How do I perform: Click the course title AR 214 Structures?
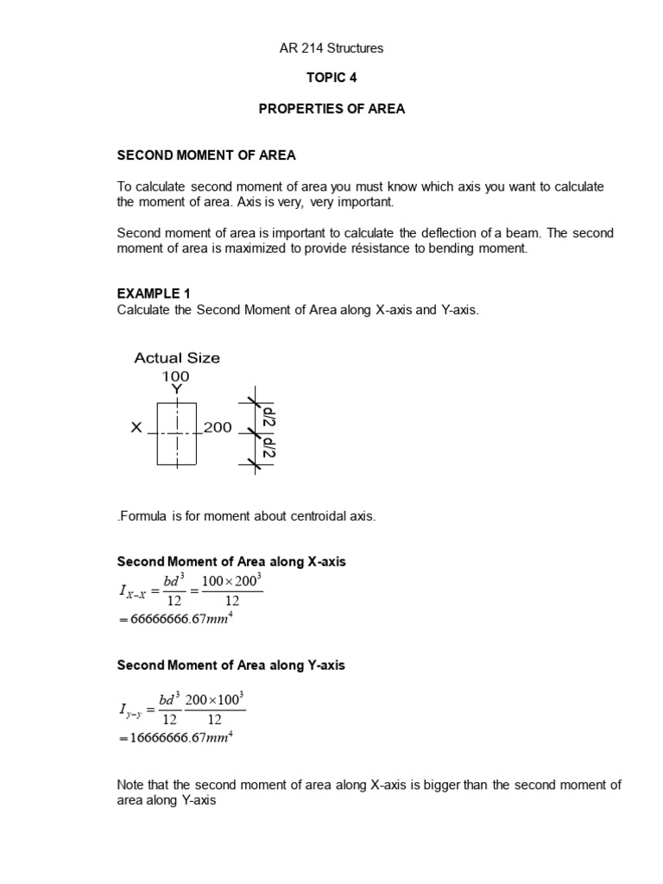[x=331, y=48]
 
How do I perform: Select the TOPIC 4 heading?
[x=331, y=78]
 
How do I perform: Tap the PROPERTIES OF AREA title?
[x=331, y=110]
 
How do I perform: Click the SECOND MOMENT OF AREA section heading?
[x=206, y=155]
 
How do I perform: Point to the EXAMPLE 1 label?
[x=153, y=294]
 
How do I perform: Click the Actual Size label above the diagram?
[x=177, y=357]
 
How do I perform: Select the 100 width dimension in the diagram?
[x=176, y=376]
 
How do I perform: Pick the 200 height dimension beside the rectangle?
[x=218, y=427]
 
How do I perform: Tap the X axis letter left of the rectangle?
[x=136, y=427]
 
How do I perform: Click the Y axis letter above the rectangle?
[x=176, y=390]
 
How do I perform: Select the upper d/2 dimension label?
[x=269, y=414]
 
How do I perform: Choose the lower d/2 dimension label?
[x=269, y=449]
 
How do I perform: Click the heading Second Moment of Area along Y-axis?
[x=230, y=666]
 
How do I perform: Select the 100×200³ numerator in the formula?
[x=231, y=582]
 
